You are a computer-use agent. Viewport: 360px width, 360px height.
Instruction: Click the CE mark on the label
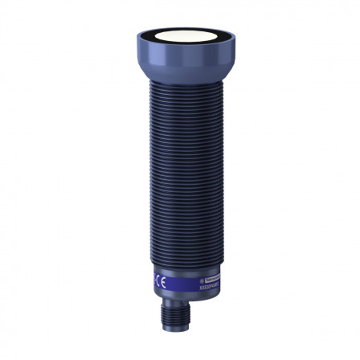[x=162, y=283]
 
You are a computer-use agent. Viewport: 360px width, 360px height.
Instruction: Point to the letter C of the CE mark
[x=157, y=283]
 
